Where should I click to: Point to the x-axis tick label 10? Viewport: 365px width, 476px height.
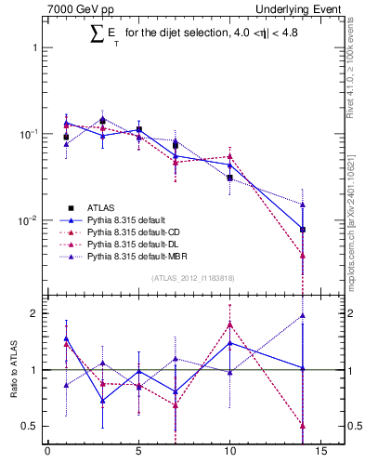229,454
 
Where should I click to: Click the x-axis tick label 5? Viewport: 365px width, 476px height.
138,454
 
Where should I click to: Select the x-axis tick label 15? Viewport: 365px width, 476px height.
320,454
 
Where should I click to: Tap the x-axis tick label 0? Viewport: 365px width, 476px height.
47,454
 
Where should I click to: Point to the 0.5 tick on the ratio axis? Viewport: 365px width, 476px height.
29,426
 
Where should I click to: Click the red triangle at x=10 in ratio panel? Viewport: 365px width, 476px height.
229,324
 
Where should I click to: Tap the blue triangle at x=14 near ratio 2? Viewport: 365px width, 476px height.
303,315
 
